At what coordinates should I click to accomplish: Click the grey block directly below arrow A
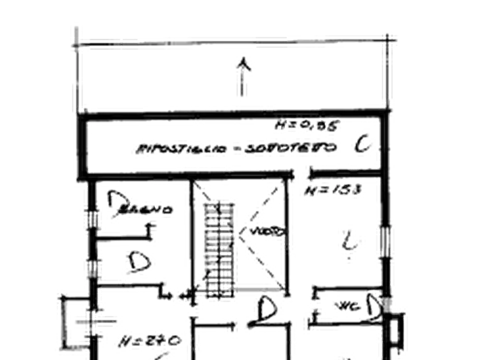[x=240, y=89]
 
